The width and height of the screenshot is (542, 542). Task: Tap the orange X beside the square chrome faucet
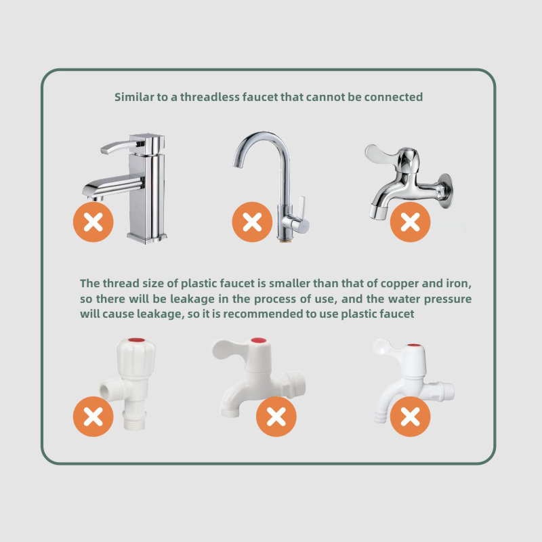pyautogui.click(x=93, y=222)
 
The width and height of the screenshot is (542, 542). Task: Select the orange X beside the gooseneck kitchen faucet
pyautogui.click(x=252, y=222)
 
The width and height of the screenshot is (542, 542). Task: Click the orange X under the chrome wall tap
pyautogui.click(x=411, y=222)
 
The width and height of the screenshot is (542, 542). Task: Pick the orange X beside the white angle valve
pyautogui.click(x=93, y=417)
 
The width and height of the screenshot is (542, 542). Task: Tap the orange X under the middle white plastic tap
pyautogui.click(x=276, y=417)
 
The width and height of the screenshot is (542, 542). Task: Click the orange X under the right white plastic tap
pyautogui.click(x=411, y=417)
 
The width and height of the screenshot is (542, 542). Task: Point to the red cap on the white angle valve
pyautogui.click(x=137, y=340)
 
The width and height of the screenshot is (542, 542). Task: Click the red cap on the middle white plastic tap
pyautogui.click(x=259, y=341)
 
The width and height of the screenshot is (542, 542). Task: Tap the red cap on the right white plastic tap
pyautogui.click(x=414, y=346)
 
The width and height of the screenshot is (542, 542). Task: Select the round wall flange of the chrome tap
pyautogui.click(x=445, y=191)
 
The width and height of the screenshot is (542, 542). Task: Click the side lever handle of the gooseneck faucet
pyautogui.click(x=301, y=208)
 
